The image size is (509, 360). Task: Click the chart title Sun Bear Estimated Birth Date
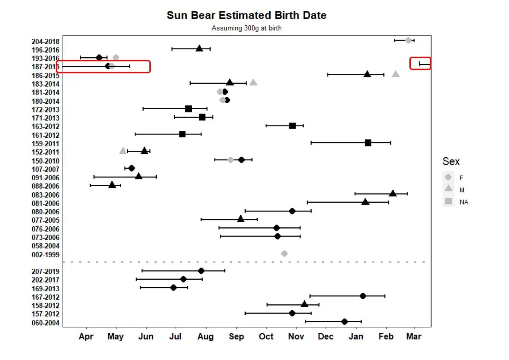pyautogui.click(x=246, y=15)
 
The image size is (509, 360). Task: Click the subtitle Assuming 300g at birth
pyautogui.click(x=246, y=28)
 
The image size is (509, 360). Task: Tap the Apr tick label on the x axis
pyautogui.click(x=86, y=336)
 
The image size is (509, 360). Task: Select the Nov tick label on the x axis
pyautogui.click(x=296, y=336)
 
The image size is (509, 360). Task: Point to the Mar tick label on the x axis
pyautogui.click(x=414, y=336)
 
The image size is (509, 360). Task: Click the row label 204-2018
pyautogui.click(x=45, y=41)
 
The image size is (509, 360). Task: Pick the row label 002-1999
pyautogui.click(x=45, y=254)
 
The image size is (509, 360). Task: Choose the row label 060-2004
pyautogui.click(x=45, y=323)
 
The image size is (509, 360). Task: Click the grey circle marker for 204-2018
pyautogui.click(x=408, y=41)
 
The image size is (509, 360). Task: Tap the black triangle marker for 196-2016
pyautogui.click(x=199, y=48)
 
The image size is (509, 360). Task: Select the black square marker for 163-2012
pyautogui.click(x=292, y=126)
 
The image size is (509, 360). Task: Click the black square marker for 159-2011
pyautogui.click(x=368, y=143)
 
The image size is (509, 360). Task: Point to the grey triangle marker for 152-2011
pyautogui.click(x=123, y=151)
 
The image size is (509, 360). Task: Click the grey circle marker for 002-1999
pyautogui.click(x=284, y=254)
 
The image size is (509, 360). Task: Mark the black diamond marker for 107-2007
pyautogui.click(x=131, y=168)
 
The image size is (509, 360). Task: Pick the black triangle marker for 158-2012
pyautogui.click(x=304, y=304)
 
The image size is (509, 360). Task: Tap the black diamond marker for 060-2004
pyautogui.click(x=344, y=321)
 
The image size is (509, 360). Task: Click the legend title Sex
pyautogui.click(x=451, y=161)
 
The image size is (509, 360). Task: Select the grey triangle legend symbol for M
pyautogui.click(x=448, y=189)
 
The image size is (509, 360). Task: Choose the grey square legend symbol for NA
pyautogui.click(x=448, y=201)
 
